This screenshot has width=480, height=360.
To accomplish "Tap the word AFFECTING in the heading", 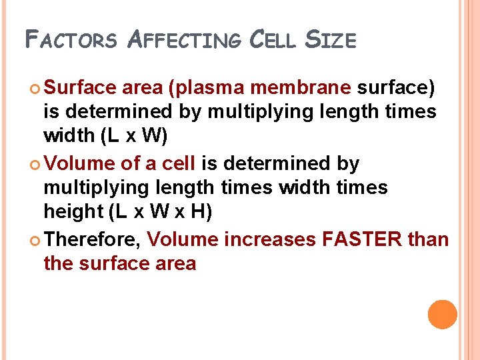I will tap(183, 41).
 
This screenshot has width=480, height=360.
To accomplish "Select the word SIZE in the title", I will tap(331, 41).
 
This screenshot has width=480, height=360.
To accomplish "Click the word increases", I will tap(270, 239).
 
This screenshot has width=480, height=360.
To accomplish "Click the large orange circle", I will tap(442, 315).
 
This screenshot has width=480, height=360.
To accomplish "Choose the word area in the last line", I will tap(175, 263).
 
